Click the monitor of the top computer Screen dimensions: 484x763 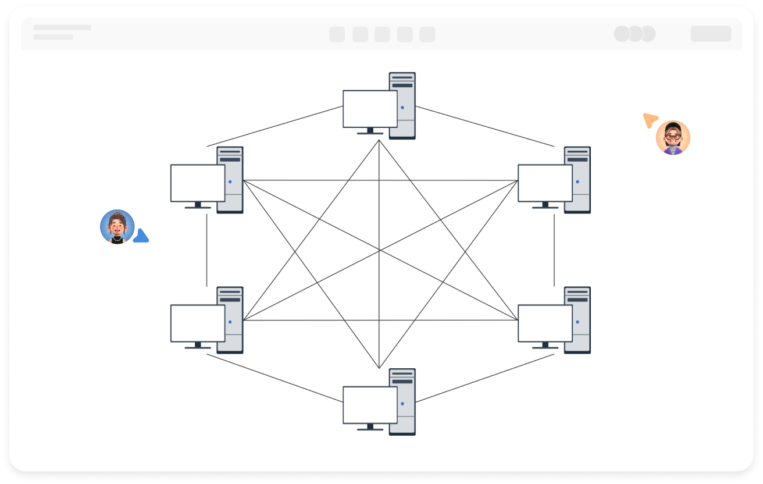[370, 109]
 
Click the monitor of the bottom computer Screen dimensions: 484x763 [370, 405]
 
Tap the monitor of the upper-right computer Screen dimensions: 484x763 [545, 183]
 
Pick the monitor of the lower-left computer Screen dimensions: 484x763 [198, 323]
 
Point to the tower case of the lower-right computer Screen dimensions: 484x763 [577, 319]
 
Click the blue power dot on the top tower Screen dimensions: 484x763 [402, 108]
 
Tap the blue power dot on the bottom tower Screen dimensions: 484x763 [402, 404]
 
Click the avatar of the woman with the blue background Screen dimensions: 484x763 [117, 226]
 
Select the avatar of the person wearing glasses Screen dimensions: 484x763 [673, 138]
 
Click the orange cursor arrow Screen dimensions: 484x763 [650, 120]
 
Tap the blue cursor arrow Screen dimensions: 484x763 [141, 236]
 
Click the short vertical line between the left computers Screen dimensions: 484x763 [206, 250]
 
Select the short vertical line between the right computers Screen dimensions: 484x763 [554, 250]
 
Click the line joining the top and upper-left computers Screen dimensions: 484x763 [274, 126]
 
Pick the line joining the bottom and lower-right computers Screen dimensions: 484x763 [484, 378]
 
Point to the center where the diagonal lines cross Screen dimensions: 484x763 [379, 251]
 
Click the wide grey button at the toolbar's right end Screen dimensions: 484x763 [711, 34]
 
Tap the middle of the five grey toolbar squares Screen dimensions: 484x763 [382, 34]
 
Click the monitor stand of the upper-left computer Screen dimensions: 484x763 [198, 205]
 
